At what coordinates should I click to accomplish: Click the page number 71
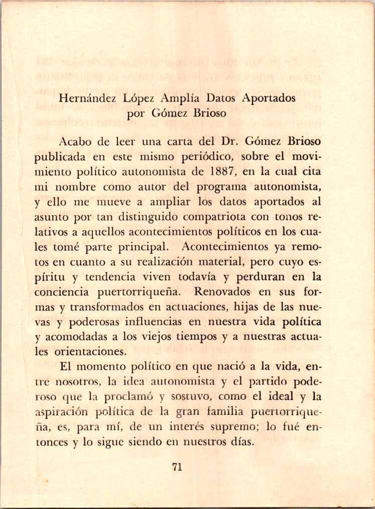coord(177,467)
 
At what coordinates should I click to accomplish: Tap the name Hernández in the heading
coord(88,98)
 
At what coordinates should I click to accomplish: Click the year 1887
coord(218,173)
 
